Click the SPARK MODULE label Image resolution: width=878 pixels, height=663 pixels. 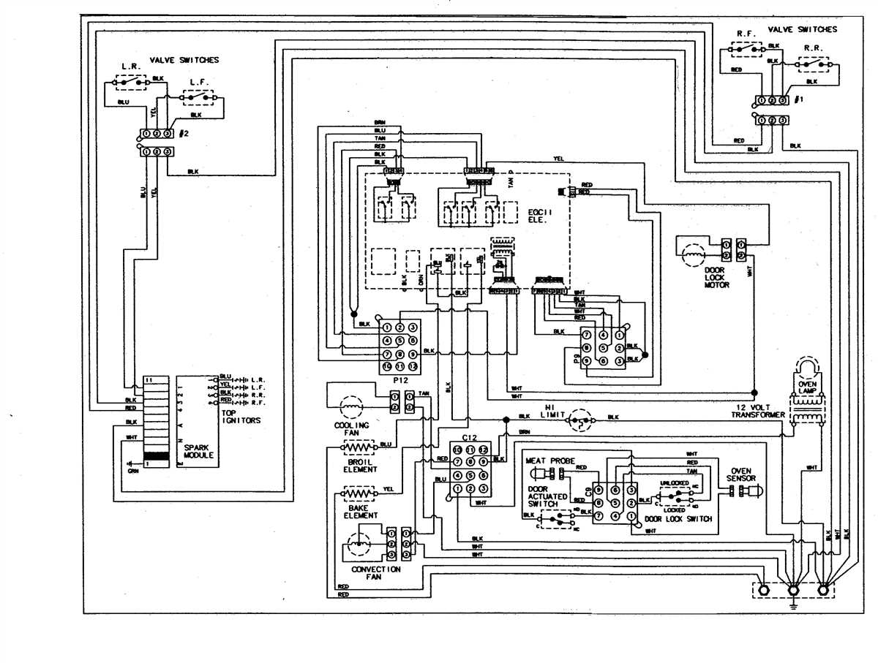point(198,450)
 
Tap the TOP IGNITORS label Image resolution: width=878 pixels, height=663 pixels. point(241,416)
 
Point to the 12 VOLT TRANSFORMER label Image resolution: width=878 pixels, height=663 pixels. point(758,411)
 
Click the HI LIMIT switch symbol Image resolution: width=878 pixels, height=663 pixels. point(581,417)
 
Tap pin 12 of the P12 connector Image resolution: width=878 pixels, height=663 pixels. point(413,366)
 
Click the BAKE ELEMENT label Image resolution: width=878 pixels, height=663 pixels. point(361,510)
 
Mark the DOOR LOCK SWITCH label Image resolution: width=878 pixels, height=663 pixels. point(678,519)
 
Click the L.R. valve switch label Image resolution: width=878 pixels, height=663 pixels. point(130,67)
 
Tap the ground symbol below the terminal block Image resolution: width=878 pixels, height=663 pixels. point(793,605)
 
